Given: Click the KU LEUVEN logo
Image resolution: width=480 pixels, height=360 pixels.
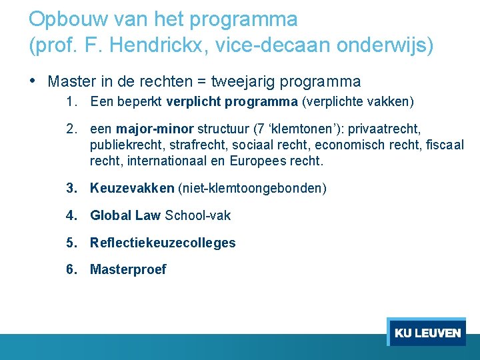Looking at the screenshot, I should click(427, 333).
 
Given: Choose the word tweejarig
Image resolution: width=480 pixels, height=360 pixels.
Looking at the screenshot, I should click(243, 82).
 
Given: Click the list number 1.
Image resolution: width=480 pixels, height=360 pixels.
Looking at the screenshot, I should click(71, 102).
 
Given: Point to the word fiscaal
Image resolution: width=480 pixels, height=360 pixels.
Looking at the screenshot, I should click(445, 145).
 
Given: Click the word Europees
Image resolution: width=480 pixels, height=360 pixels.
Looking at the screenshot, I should click(259, 161).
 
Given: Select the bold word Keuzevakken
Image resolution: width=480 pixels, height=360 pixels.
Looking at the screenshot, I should click(132, 189).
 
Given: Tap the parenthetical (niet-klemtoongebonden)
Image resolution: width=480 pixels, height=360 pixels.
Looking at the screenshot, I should click(252, 189).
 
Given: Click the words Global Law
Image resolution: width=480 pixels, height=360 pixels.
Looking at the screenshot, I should click(125, 215).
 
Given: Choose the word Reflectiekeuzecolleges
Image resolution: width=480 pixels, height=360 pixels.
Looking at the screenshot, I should click(163, 243).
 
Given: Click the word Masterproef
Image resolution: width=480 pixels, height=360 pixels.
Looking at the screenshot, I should click(128, 269).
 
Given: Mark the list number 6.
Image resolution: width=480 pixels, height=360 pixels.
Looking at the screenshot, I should click(71, 269).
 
